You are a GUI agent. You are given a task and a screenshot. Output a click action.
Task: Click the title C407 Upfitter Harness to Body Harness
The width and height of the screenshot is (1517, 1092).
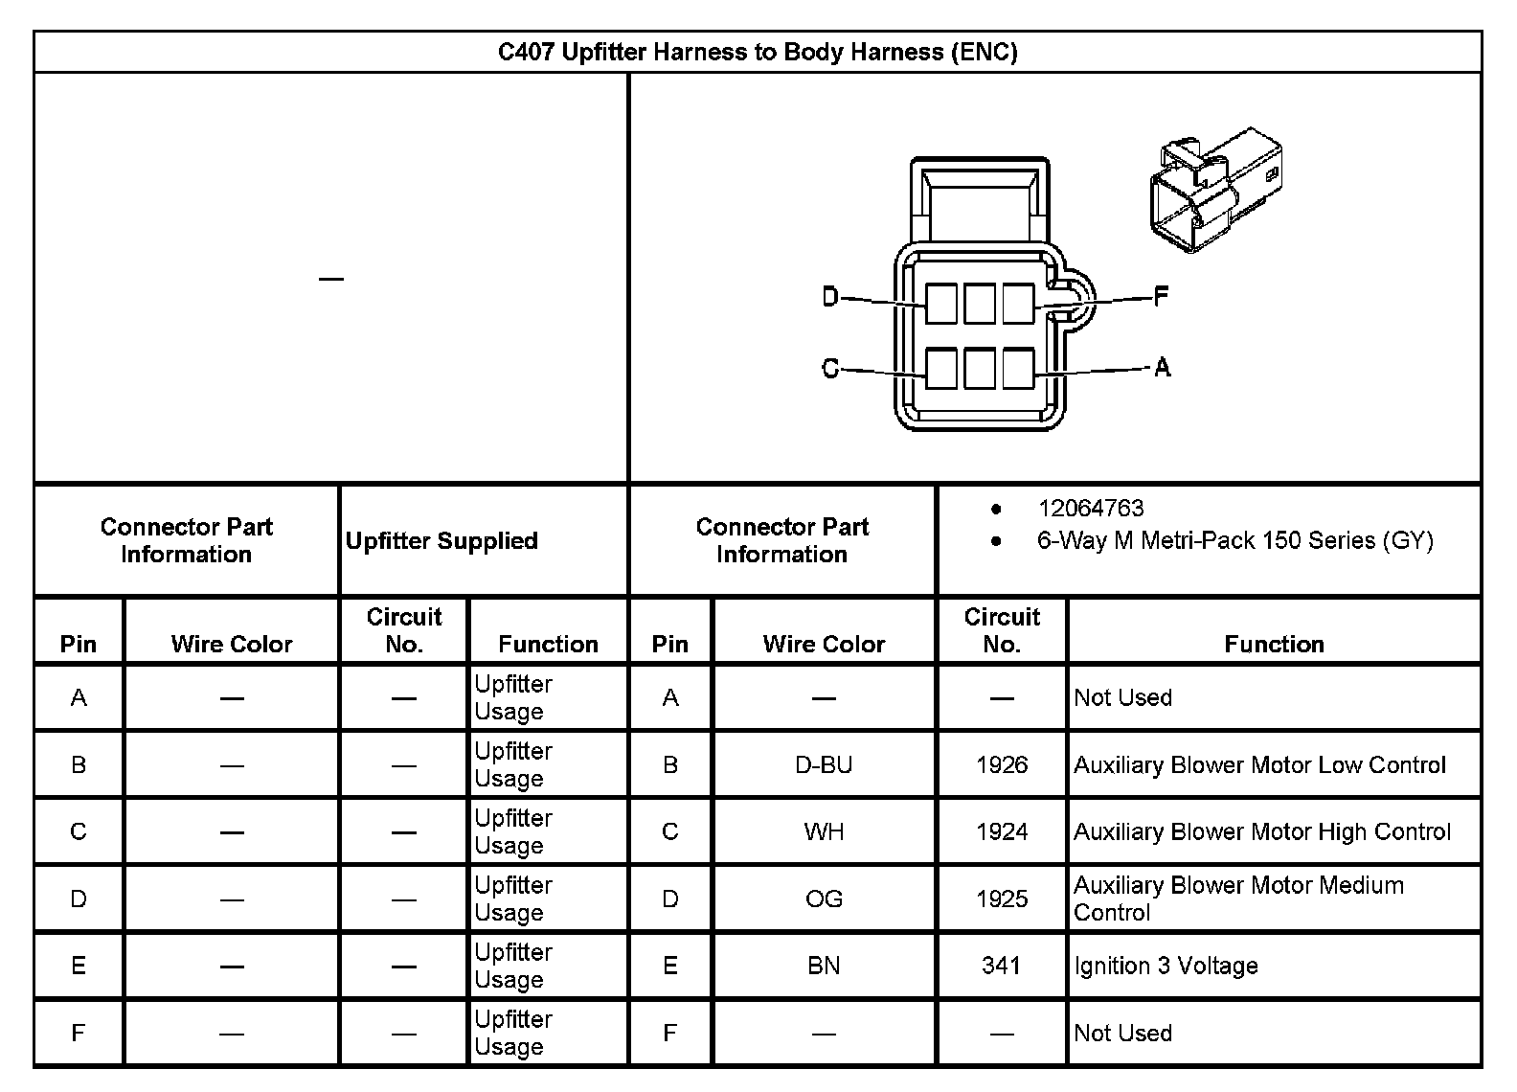[757, 52]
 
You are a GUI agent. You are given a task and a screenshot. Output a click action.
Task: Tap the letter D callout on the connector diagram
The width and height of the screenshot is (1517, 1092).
[830, 297]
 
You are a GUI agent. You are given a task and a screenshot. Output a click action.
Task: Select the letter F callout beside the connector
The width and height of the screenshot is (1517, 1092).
[1161, 297]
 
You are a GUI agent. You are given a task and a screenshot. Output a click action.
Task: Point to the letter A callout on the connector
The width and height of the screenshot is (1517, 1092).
[1162, 367]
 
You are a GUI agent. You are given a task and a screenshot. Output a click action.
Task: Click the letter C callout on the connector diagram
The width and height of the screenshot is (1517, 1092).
[830, 368]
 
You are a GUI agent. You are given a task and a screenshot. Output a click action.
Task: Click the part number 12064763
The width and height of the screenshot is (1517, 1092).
[1091, 509]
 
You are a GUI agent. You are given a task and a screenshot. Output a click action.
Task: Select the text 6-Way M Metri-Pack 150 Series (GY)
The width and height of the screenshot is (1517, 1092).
[1234, 541]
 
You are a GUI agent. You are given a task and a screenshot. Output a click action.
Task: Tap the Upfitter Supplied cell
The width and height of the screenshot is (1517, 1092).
[442, 541]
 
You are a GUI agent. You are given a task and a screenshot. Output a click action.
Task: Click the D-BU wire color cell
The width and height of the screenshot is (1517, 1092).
[824, 765]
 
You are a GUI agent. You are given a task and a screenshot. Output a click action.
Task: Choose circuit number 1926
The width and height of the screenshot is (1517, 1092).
[1002, 765]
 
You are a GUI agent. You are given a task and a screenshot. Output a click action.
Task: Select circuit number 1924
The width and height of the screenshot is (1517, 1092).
[1002, 832]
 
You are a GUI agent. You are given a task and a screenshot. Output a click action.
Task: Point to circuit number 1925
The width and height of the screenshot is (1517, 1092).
[1002, 899]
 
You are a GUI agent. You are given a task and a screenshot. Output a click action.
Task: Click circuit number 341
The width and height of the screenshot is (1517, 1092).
[1001, 967]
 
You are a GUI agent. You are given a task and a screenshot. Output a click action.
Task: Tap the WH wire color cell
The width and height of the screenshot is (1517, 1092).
[824, 832]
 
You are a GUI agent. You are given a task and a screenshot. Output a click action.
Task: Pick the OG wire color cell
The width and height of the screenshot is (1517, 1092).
[824, 899]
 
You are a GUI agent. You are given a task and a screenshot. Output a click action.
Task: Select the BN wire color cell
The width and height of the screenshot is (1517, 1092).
[824, 967]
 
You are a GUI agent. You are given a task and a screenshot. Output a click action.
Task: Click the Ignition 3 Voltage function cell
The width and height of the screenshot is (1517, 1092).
[1166, 967]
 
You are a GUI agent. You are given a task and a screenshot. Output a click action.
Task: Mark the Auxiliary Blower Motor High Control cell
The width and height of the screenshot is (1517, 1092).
[1262, 832]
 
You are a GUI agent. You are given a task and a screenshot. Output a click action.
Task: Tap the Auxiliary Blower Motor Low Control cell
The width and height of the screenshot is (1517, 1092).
[1259, 765]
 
